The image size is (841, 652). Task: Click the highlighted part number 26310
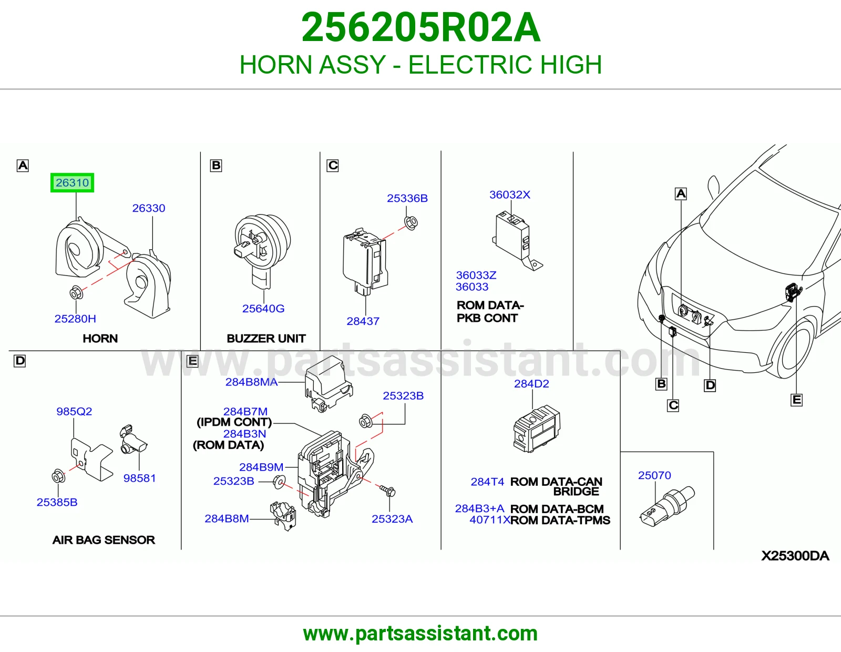pos(72,182)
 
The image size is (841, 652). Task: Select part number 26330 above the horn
pos(149,208)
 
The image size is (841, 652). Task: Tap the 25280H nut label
pos(75,319)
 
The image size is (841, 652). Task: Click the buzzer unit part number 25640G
pos(263,309)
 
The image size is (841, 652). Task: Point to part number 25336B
pos(407,198)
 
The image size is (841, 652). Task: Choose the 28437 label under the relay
pos(363,321)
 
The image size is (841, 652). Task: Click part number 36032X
pos(510,195)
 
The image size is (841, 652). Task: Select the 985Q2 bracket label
pos(74,411)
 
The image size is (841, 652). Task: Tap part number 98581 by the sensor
pos(139,478)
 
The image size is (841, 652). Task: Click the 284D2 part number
pos(531,384)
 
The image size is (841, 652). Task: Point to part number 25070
pos(654,475)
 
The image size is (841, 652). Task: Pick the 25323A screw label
pos(392,519)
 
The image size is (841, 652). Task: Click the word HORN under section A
pos(100,339)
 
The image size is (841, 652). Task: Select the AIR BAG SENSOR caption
pos(104,539)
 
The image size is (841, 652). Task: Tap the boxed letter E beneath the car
pos(796,400)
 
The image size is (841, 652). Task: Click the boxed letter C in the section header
pos(332,165)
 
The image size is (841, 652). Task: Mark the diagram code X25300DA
pos(795,556)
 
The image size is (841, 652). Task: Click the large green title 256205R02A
pos(420,27)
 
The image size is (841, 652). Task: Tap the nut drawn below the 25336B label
pos(411,222)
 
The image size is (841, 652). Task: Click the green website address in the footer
pos(420,634)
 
